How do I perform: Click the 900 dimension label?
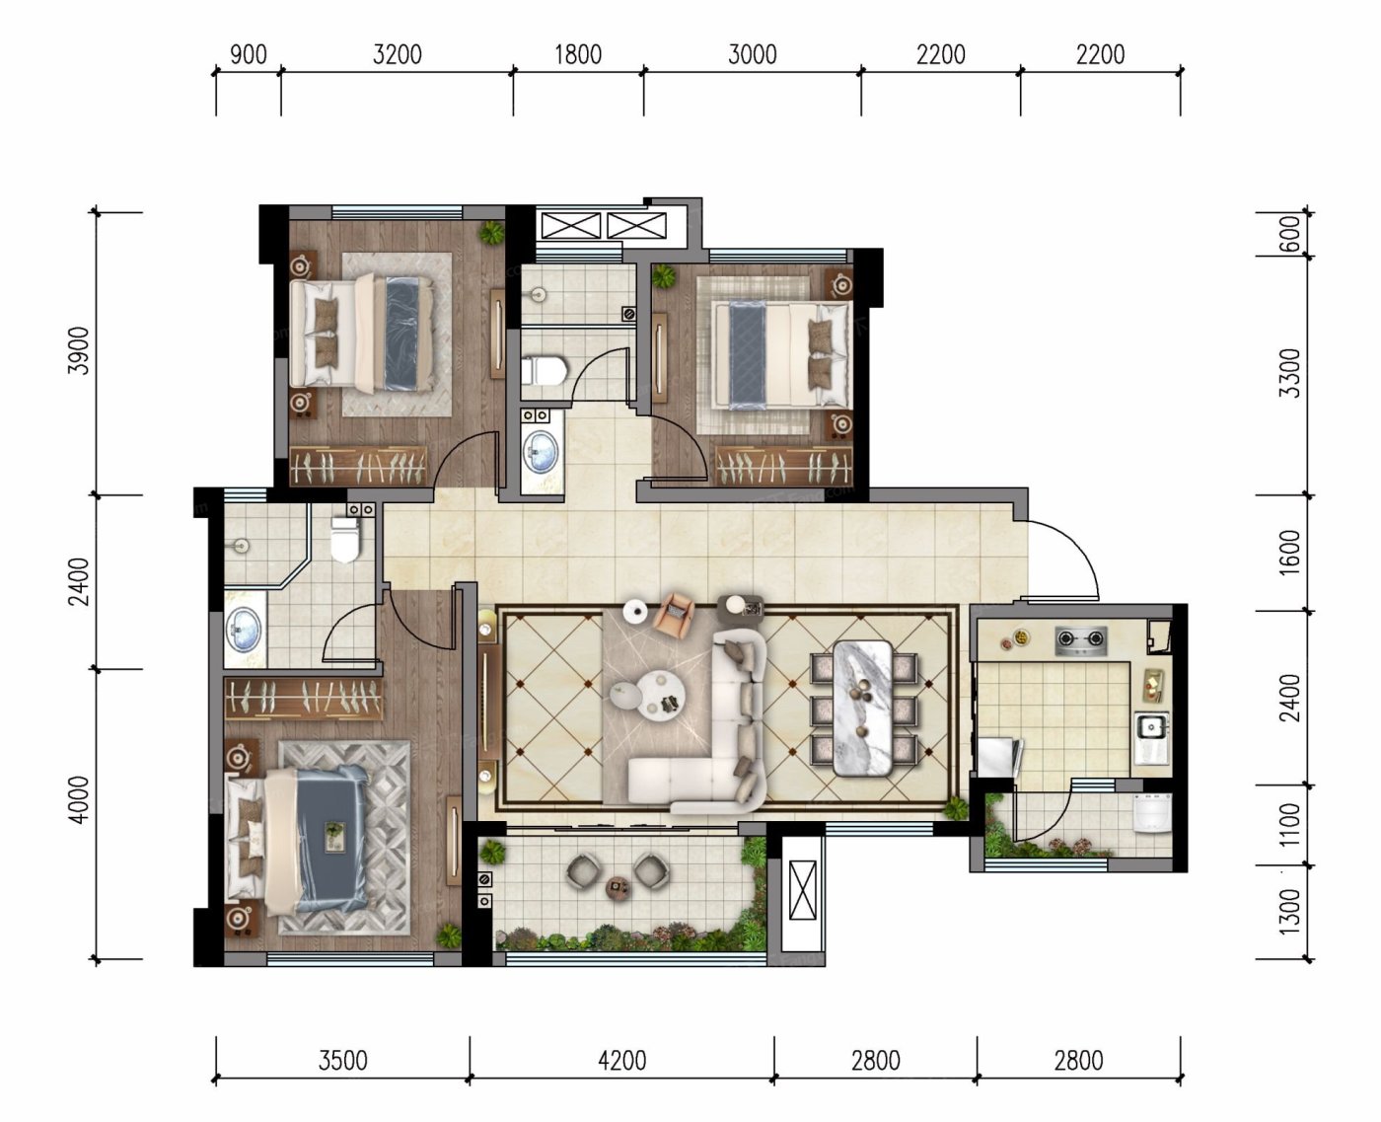[x=249, y=55]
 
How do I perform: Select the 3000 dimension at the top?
[x=752, y=55]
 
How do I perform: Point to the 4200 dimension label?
[x=621, y=1061]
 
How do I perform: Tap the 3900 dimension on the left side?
[x=79, y=351]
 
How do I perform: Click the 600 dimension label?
[x=1290, y=234]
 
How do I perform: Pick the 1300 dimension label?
[x=1290, y=912]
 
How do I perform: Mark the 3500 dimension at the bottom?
[x=343, y=1061]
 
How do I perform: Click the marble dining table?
[x=863, y=709]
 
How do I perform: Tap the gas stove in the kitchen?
[x=1080, y=639]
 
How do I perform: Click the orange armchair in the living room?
[x=675, y=612]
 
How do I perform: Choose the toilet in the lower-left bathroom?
[x=344, y=539]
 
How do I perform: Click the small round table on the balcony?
[x=618, y=886]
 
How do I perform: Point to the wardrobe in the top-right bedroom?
[x=783, y=465]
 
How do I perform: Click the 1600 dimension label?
[x=1290, y=553]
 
